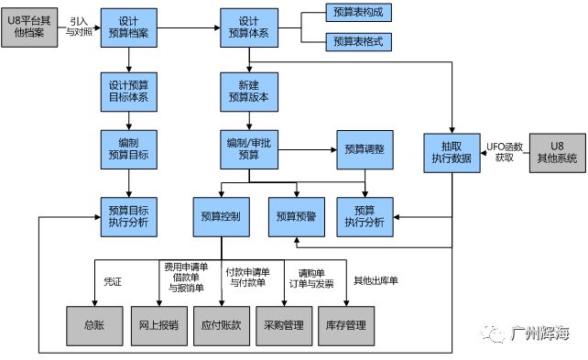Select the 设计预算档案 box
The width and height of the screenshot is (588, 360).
tap(129, 26)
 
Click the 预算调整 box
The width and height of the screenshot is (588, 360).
tap(365, 149)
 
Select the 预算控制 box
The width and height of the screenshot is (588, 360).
tap(221, 216)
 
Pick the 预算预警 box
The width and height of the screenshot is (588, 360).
tap(297, 216)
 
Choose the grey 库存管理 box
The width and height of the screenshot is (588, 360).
tap(345, 325)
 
